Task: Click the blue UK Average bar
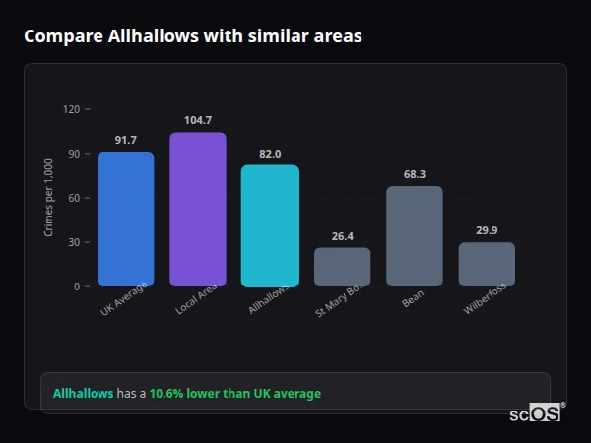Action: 125,219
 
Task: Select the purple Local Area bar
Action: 198,210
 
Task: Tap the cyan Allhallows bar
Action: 270,225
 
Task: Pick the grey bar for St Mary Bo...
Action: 342,267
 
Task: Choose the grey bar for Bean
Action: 414,236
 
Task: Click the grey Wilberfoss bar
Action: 487,265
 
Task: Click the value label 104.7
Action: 198,121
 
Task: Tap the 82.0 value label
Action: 270,155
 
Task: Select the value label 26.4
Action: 342,236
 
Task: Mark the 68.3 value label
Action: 414,175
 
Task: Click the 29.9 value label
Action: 487,231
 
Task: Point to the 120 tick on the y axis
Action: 71,109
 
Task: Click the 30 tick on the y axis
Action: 73,242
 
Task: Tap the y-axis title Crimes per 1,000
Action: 49,198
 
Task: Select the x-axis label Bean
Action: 413,298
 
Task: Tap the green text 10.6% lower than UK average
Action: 234,393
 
